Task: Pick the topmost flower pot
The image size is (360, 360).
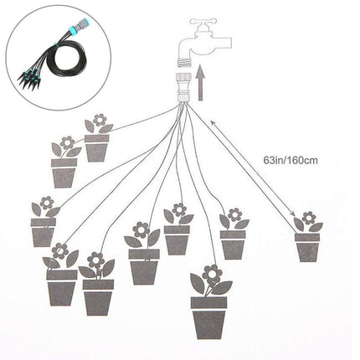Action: pyautogui.click(x=97, y=147)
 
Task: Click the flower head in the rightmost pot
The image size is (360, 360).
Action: pyautogui.click(x=309, y=219)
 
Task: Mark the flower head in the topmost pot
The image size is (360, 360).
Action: pyautogui.click(x=98, y=120)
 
